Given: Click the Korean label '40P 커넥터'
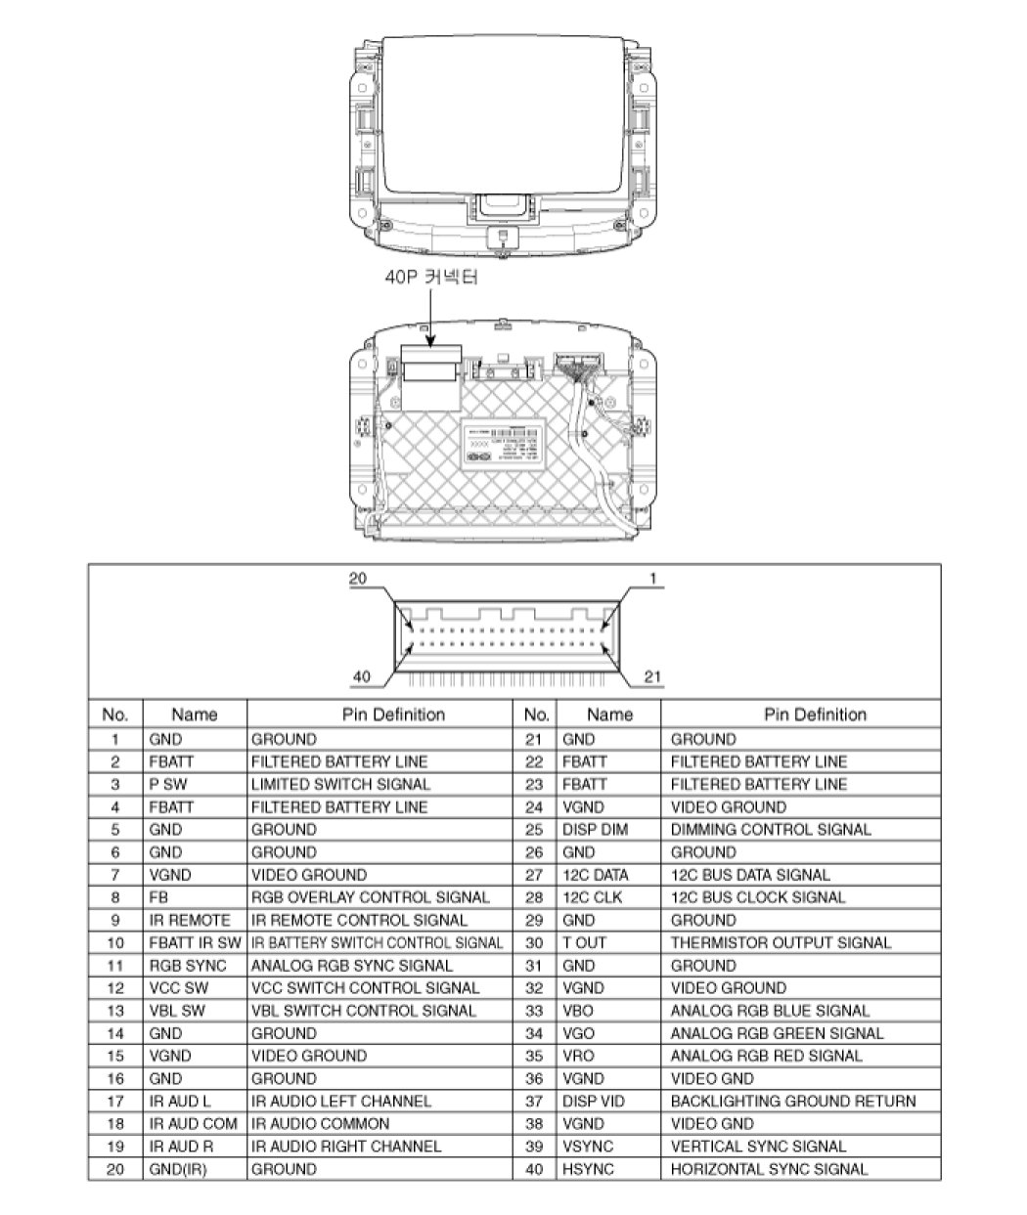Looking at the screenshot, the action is (431, 278).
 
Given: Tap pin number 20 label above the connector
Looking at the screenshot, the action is (358, 579).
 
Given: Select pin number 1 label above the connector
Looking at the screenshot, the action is (651, 579).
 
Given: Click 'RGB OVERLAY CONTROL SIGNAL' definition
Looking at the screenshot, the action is (371, 897).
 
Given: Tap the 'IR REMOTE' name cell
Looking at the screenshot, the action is (190, 920).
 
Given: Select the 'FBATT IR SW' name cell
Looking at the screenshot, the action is (195, 943).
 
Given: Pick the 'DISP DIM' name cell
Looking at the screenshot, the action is (596, 830).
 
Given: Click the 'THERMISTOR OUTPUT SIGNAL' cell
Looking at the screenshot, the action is (781, 943).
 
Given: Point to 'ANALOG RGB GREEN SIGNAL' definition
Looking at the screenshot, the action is (777, 1033).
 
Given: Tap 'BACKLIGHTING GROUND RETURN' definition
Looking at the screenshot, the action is (793, 1102).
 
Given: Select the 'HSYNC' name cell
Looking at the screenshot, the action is (588, 1169).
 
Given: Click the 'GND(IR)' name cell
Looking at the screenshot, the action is (178, 1169).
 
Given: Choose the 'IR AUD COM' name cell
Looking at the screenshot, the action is (194, 1124).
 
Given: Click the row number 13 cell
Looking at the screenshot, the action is (115, 1011).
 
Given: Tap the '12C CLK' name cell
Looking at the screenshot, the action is (592, 897).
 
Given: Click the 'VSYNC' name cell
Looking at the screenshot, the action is (588, 1147).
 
